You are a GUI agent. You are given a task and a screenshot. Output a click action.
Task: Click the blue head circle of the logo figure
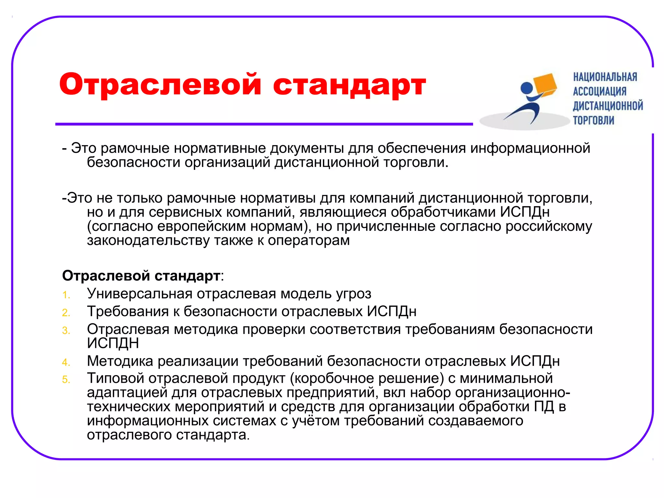click(527, 88)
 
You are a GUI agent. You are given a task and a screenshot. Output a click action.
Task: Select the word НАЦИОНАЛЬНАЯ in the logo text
click(605, 77)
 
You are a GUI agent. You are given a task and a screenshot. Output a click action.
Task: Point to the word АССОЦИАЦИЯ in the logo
click(599, 91)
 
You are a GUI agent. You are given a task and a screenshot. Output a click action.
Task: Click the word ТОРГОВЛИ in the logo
click(593, 120)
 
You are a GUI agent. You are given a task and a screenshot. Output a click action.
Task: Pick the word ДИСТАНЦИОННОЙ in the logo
click(608, 106)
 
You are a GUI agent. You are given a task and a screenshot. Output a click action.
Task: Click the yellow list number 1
click(66, 295)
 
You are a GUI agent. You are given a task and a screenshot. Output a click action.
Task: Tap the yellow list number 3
click(66, 331)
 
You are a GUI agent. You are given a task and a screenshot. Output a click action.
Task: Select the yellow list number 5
click(66, 379)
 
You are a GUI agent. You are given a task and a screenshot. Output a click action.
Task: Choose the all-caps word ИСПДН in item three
click(113, 343)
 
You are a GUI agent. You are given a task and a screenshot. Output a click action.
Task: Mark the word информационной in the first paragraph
click(530, 148)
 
